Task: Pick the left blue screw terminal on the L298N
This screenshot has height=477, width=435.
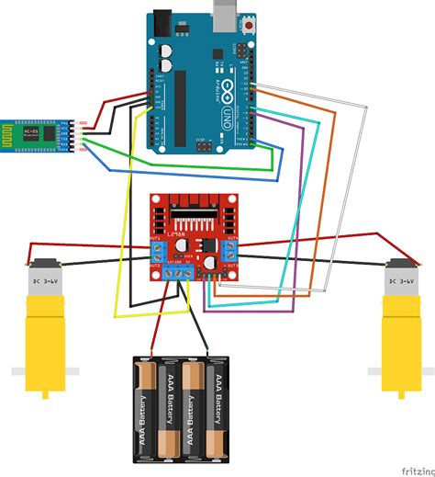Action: click(x=158, y=249)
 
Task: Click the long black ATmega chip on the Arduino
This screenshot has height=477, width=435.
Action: click(x=180, y=101)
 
